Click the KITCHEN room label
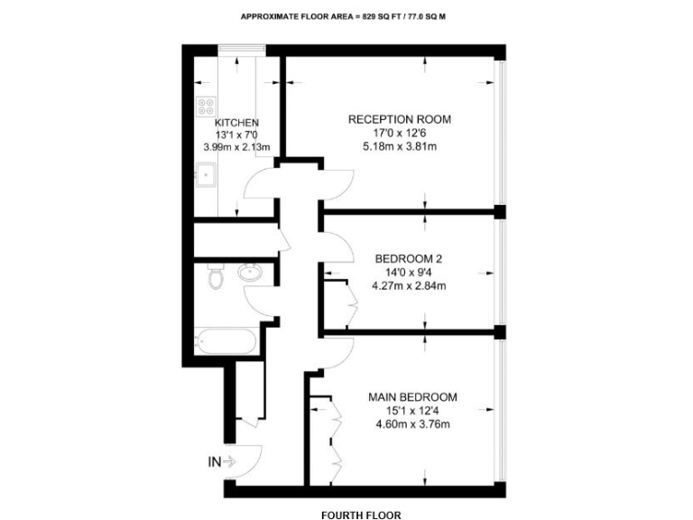pos(236,123)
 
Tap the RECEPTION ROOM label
pos(400,119)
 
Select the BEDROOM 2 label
pos(408,258)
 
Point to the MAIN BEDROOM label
pos(412,396)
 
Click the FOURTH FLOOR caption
pos(360,515)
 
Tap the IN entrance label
pos(215,462)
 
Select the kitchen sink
pos(204,171)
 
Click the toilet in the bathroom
pos(213,277)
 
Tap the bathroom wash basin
pos(248,273)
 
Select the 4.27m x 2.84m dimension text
pos(410,286)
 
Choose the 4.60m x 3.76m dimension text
pos(411,424)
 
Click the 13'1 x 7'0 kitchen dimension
pos(236,135)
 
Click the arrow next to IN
pos(229,462)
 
